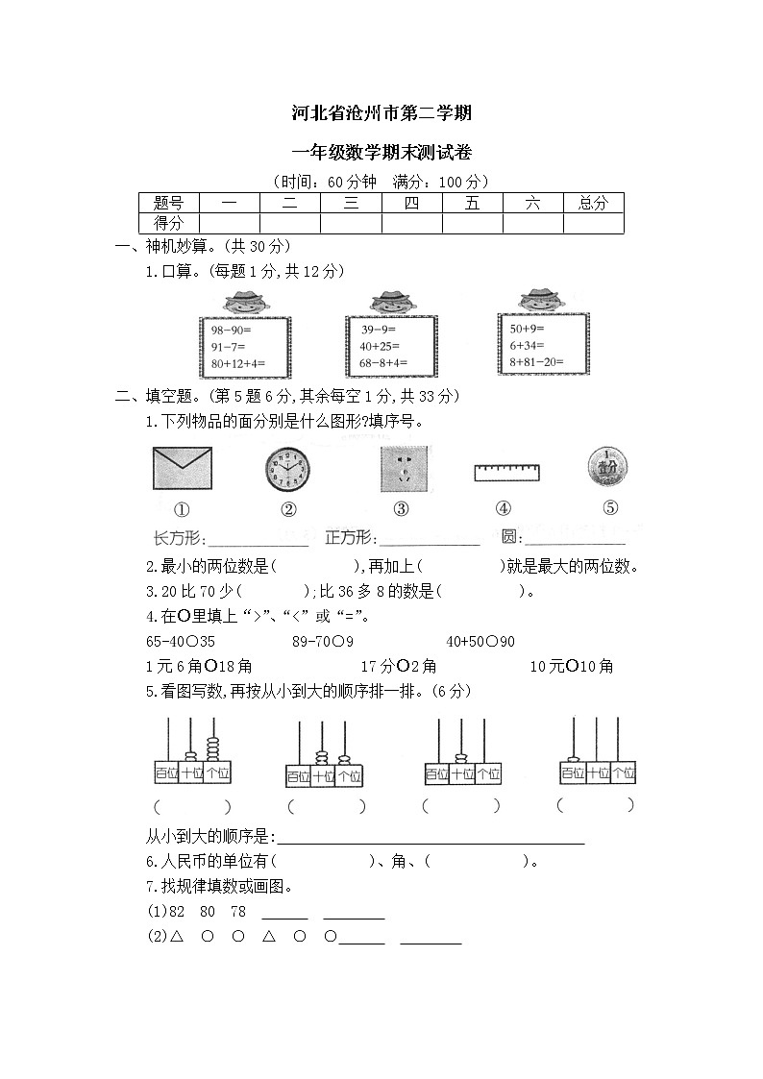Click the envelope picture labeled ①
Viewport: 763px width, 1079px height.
[x=182, y=469]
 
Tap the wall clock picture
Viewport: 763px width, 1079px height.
[x=287, y=469]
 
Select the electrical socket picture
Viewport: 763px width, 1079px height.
[x=402, y=469]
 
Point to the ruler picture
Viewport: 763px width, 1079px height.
[x=506, y=471]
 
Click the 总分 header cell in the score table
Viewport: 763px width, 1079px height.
[x=593, y=203]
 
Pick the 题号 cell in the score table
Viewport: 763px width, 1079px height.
[x=168, y=203]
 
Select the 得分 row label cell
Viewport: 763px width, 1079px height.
[x=168, y=223]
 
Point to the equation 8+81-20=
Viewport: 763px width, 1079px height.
[x=536, y=360]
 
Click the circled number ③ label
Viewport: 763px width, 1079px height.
[x=401, y=510]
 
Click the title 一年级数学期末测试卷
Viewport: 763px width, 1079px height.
[x=381, y=152]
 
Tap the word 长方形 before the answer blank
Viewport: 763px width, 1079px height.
[x=177, y=537]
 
